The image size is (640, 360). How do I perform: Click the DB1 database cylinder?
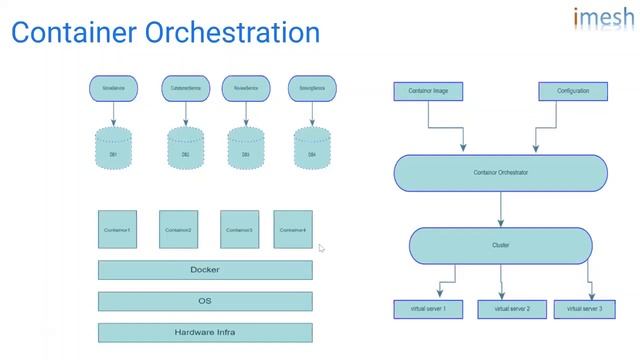[113, 152]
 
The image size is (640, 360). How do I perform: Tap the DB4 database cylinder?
[310, 152]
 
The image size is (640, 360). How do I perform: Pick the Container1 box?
[117, 229]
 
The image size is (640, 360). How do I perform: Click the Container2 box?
[177, 229]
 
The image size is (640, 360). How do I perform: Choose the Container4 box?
[292, 229]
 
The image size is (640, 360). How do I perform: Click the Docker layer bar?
[204, 270]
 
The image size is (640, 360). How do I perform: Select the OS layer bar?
[204, 301]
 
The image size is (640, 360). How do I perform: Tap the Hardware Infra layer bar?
[204, 332]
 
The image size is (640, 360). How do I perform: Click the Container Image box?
[428, 91]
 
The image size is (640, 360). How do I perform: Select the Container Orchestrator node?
[500, 172]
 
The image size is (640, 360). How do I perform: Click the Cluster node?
[500, 245]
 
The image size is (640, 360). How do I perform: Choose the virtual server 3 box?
[584, 309]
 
